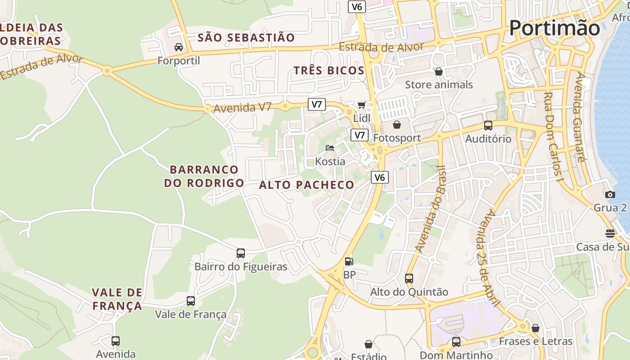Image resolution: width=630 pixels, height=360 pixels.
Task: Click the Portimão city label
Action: click(554, 28)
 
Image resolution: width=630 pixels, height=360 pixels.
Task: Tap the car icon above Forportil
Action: click(179, 47)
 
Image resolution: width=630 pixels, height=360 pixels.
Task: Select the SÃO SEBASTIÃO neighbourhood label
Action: click(246, 37)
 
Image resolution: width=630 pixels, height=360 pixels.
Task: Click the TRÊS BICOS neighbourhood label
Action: click(328, 70)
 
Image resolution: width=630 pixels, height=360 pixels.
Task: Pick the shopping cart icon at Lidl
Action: click(361, 105)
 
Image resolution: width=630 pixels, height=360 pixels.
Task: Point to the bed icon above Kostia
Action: click(330, 148)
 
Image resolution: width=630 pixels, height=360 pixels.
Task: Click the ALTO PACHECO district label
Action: click(307, 185)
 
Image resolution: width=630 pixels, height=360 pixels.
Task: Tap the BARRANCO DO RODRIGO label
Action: click(204, 176)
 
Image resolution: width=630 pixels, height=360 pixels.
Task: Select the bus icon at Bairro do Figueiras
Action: click(241, 253)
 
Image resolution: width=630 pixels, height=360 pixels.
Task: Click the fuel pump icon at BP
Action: click(349, 261)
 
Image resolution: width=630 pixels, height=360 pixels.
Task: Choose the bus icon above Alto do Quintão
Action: click(409, 279)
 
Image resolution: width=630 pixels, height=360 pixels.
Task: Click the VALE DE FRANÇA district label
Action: click(117, 299)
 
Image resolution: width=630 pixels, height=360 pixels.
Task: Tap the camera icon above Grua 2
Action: click(610, 194)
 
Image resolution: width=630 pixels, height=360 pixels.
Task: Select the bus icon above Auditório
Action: click(488, 126)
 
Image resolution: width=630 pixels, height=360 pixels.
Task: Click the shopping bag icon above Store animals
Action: click(439, 72)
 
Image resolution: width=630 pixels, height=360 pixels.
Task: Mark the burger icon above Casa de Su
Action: click(610, 234)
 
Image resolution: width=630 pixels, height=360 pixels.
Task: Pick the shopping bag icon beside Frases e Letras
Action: click(535, 328)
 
